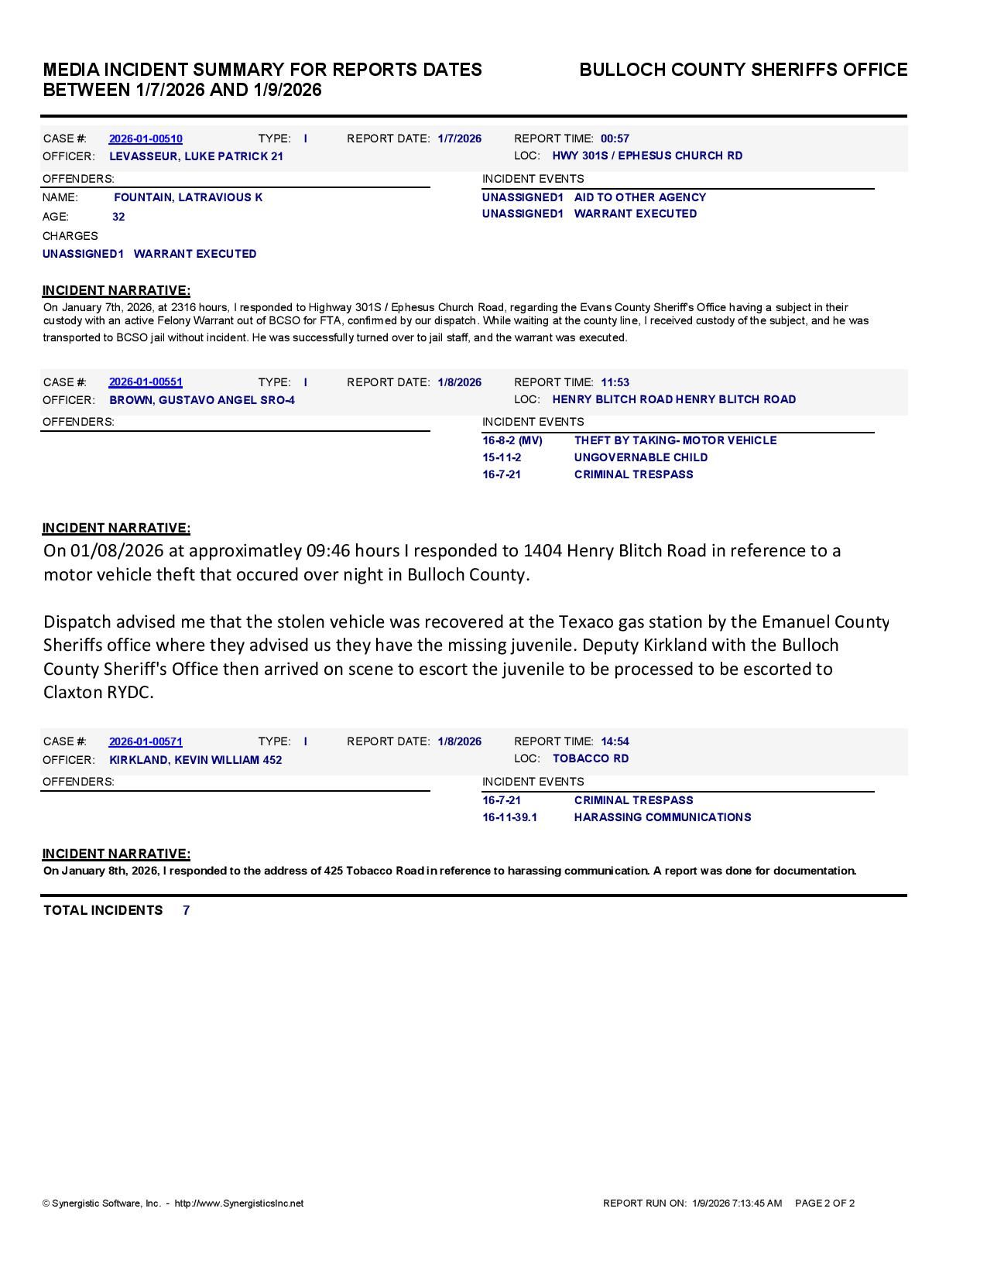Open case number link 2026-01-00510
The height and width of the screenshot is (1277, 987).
[146, 139]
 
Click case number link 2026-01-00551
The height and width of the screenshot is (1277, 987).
[146, 382]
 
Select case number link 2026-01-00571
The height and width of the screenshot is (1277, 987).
[146, 741]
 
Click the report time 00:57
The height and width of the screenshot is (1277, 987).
[615, 139]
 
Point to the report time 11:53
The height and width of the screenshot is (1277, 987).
[615, 382]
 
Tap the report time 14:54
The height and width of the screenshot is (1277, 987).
[615, 741]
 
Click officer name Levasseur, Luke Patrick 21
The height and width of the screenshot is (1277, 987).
[196, 156]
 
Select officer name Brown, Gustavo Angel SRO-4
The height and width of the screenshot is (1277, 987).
[201, 400]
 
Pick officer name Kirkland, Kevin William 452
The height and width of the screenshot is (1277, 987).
[195, 760]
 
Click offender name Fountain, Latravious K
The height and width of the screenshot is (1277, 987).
[188, 197]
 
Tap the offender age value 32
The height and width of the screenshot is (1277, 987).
[118, 217]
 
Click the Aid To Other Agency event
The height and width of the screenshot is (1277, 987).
[639, 197]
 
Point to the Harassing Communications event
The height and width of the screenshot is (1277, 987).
[662, 817]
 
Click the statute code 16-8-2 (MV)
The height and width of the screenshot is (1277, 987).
[512, 440]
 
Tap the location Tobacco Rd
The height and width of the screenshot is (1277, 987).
[590, 758]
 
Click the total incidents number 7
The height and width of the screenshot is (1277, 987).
[187, 910]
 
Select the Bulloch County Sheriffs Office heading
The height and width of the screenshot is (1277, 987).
[743, 70]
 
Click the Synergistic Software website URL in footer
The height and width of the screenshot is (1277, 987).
[238, 1203]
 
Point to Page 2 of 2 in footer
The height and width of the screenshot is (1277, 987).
[824, 1203]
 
